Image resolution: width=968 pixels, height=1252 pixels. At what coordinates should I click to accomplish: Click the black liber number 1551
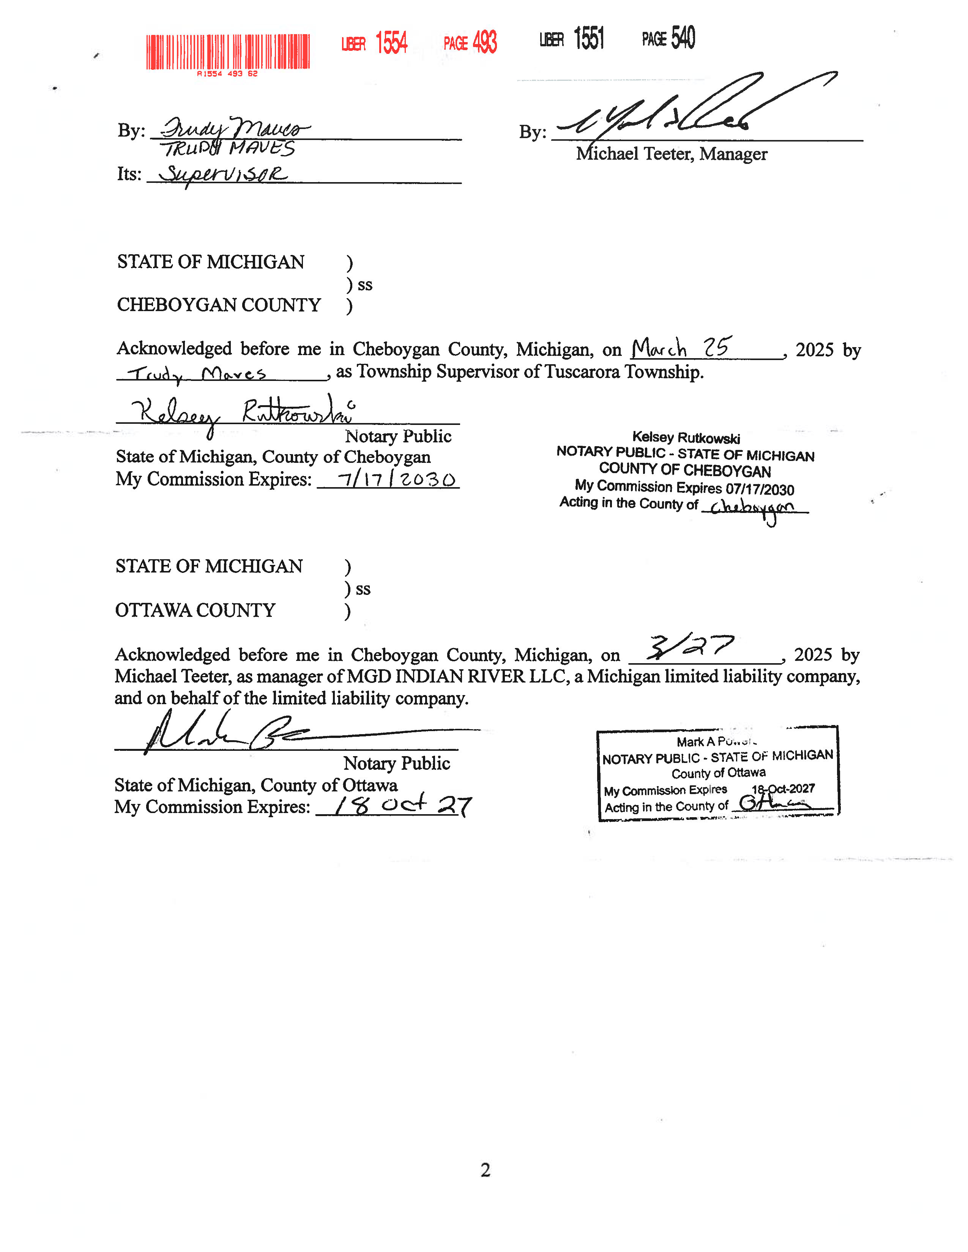point(589,38)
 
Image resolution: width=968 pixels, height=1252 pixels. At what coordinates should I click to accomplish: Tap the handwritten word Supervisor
point(224,174)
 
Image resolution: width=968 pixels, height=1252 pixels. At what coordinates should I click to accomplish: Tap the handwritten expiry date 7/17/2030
point(396,479)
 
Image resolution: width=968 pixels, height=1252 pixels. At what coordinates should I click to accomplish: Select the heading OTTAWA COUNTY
point(195,610)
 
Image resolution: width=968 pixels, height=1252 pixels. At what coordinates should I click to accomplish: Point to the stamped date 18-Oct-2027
point(783,789)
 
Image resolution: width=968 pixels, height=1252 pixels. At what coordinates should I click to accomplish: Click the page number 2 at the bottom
point(485,1169)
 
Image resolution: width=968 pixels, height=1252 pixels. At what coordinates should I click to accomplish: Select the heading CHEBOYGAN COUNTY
point(219,304)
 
